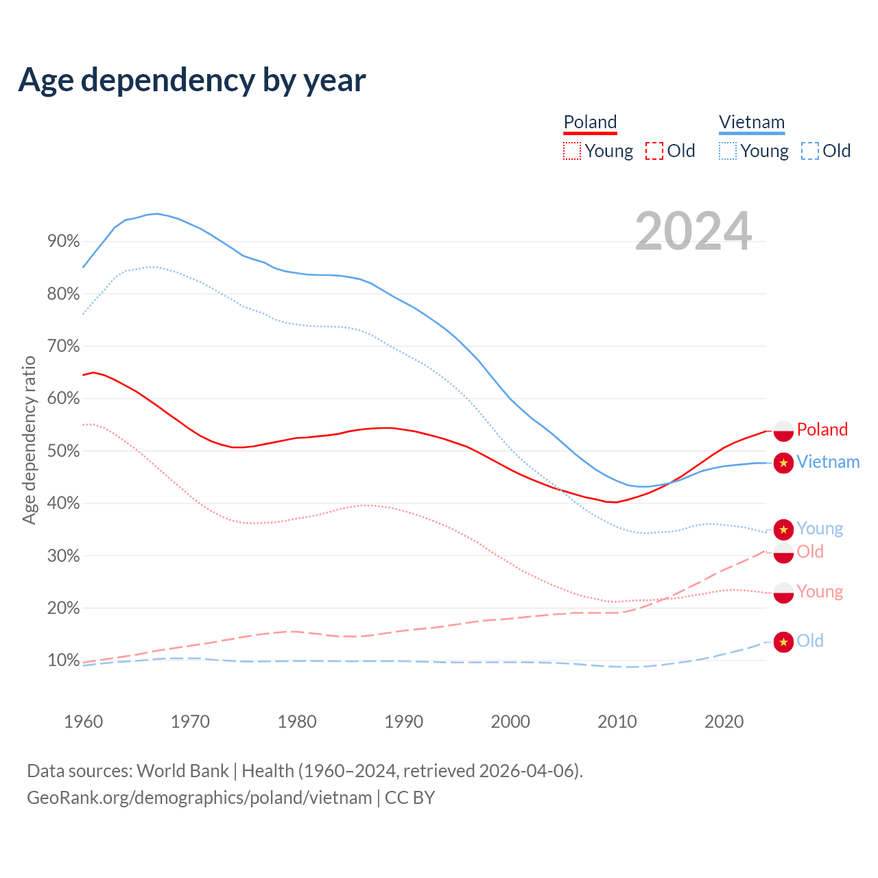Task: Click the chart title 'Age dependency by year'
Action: coord(192,80)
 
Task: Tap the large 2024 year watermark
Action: coord(693,231)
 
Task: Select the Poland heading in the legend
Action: coord(590,122)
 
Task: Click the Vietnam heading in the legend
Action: coord(751,122)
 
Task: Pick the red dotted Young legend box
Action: coord(571,151)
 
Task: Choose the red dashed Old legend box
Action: coord(654,151)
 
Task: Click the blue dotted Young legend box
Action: coord(727,151)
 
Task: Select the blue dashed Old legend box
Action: coord(809,151)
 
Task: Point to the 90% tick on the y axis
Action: coord(63,241)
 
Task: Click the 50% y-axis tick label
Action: coord(63,451)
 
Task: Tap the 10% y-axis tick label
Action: coord(63,661)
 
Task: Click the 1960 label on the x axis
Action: coord(83,722)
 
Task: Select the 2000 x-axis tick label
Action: coord(510,722)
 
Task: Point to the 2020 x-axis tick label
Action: coord(724,722)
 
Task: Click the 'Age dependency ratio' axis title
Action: coord(29,440)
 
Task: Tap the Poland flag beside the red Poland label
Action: coord(783,431)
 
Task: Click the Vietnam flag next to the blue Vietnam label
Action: coord(783,462)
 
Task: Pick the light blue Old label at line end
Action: coord(809,641)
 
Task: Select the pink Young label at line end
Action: coord(820,591)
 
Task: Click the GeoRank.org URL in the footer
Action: coord(199,798)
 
